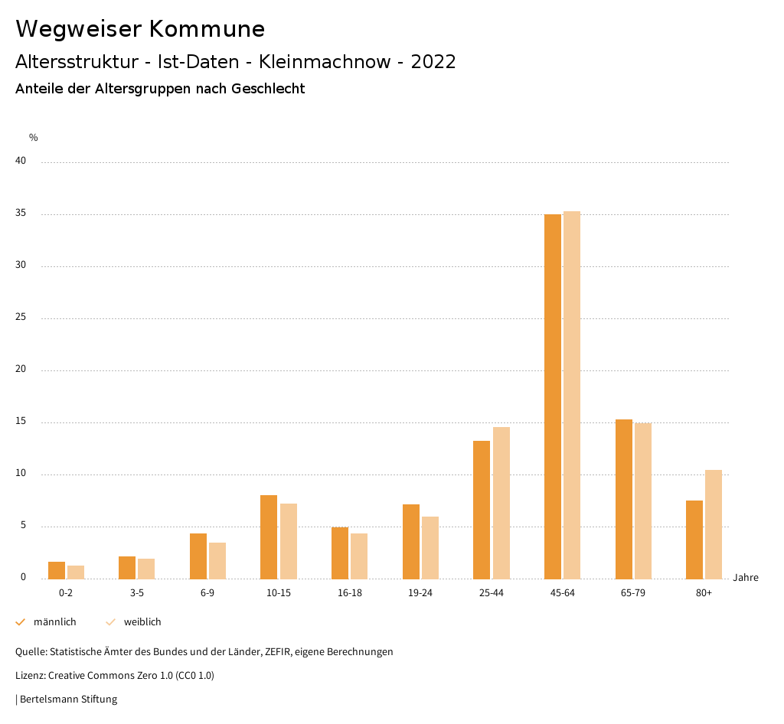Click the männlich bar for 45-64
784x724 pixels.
tap(552, 396)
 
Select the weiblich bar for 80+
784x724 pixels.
tap(714, 524)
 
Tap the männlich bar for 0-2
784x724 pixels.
tap(57, 570)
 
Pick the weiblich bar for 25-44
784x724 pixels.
tap(501, 503)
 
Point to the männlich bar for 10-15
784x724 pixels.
tap(269, 537)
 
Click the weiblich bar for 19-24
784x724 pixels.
tap(430, 548)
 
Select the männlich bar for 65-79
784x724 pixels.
tap(624, 499)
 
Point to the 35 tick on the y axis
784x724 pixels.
tap(21, 214)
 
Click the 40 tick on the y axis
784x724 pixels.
tap(21, 161)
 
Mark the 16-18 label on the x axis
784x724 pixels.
tap(349, 594)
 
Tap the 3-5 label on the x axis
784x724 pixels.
tap(137, 594)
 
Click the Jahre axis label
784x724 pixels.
tap(746, 578)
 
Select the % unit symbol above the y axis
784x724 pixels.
tap(34, 138)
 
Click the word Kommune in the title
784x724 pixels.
tap(207, 29)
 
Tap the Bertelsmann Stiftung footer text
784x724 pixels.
tap(68, 700)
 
